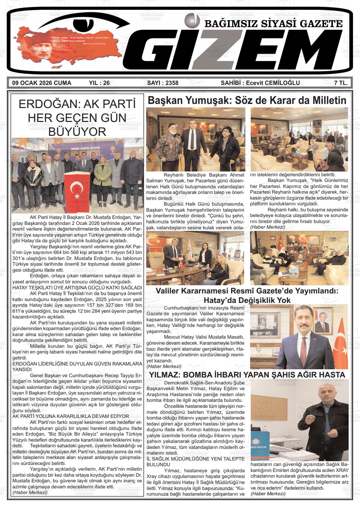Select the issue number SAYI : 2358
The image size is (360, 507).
[x=163, y=83]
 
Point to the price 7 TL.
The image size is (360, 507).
[x=341, y=83]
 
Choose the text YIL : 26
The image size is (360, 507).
[x=99, y=83]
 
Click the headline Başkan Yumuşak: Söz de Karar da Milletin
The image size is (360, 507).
[x=247, y=100]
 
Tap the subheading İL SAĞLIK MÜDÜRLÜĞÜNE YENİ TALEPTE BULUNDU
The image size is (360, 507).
[x=195, y=462]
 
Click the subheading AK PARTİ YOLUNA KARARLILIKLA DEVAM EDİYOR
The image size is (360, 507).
[x=71, y=416]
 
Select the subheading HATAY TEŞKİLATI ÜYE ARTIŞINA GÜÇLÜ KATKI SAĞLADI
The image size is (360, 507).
[x=77, y=288]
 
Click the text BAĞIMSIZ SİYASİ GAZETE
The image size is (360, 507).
[x=273, y=24]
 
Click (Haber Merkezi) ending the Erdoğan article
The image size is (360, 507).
[x=30, y=492]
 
